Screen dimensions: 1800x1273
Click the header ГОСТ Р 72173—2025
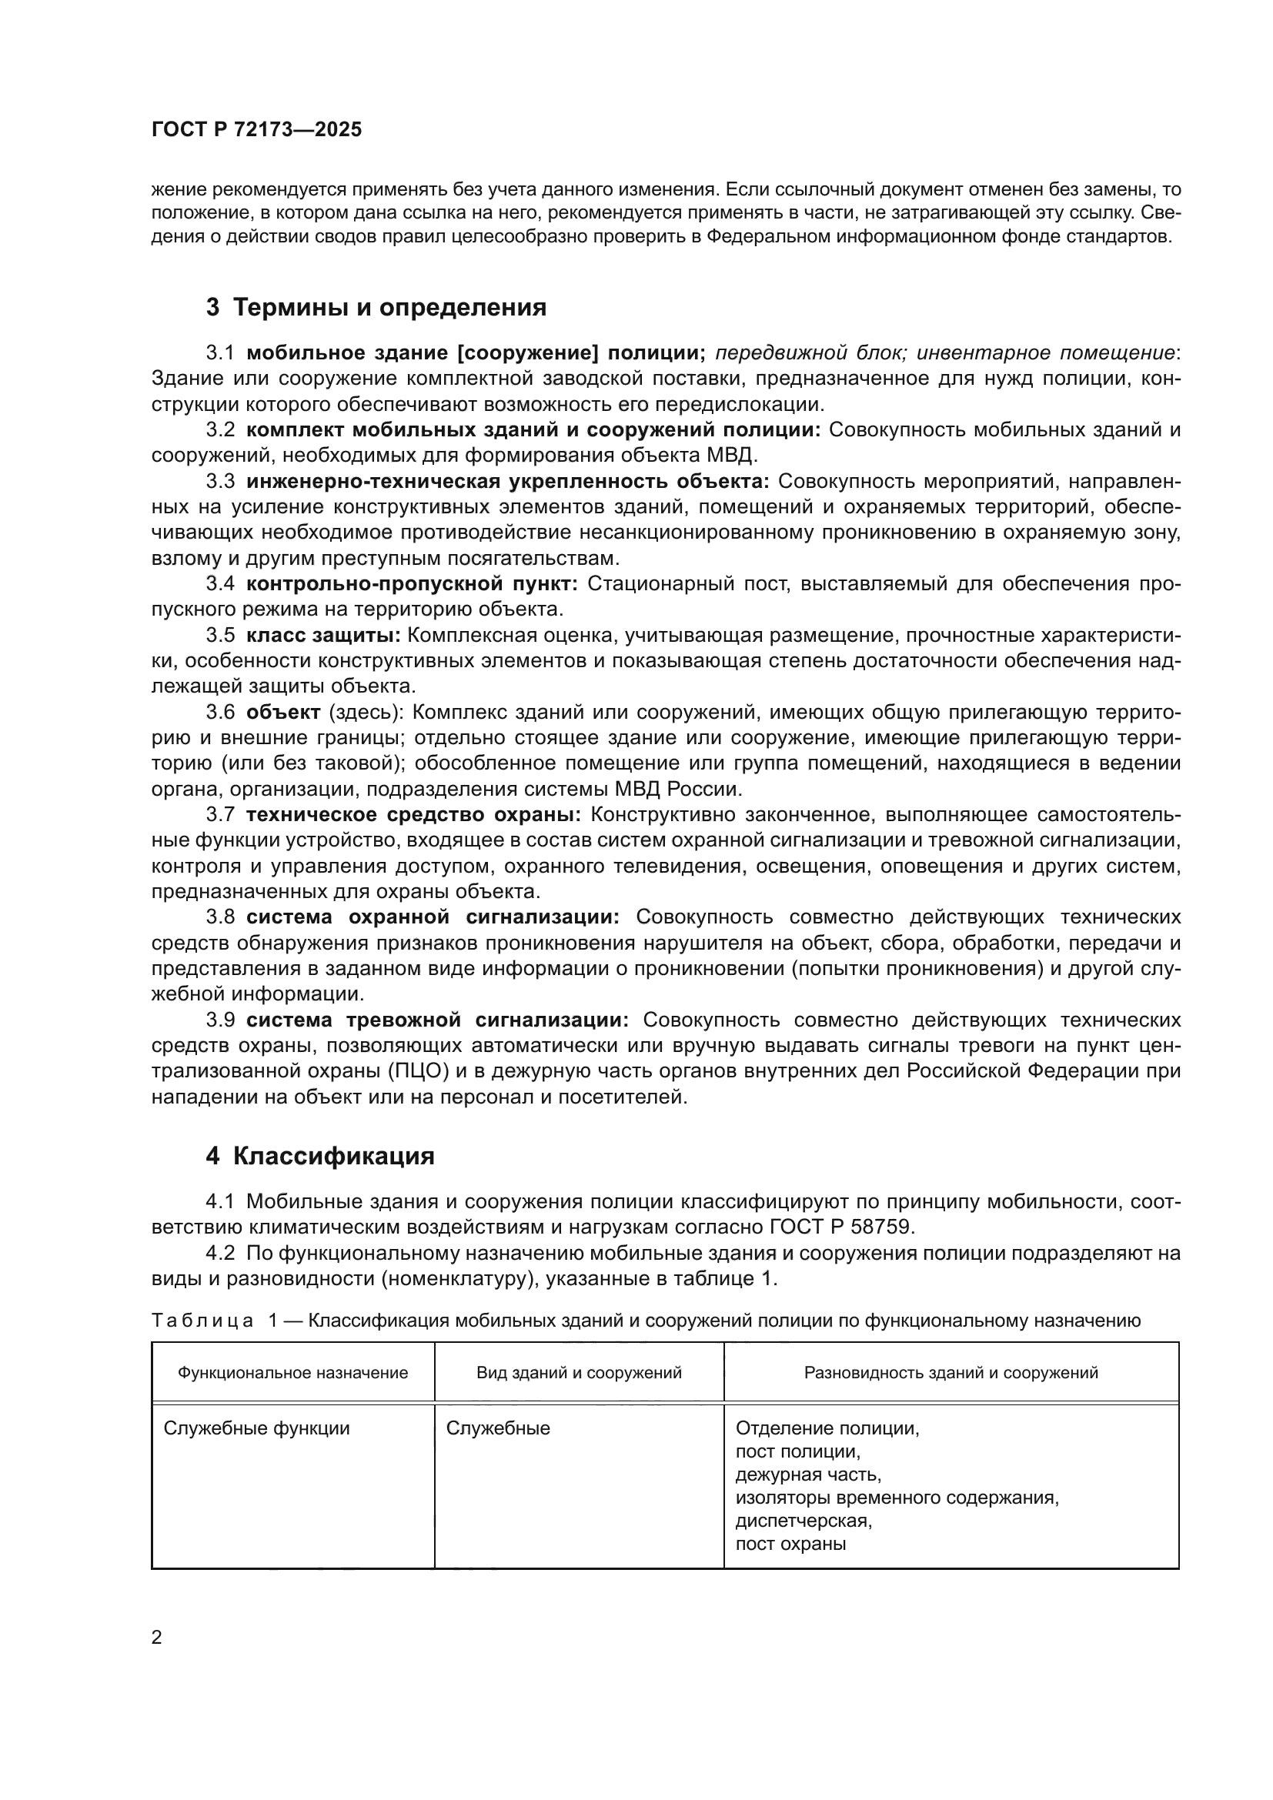[x=256, y=129]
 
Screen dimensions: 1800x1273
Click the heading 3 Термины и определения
[x=376, y=307]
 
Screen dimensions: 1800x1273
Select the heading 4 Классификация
[x=320, y=1157]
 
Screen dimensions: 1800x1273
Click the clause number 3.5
[x=219, y=635]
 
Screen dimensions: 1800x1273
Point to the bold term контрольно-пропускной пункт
[x=411, y=583]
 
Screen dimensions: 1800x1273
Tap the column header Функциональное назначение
[x=292, y=1373]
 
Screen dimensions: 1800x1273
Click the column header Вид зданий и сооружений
[x=579, y=1373]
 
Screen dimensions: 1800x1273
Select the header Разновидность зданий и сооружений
[x=950, y=1373]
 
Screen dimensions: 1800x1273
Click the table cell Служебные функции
[x=256, y=1428]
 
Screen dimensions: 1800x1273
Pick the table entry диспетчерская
[x=803, y=1521]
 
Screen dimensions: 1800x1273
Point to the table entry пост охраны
[x=790, y=1545]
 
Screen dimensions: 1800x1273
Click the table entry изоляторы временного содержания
[x=897, y=1498]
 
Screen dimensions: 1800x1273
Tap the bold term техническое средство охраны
[x=413, y=814]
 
